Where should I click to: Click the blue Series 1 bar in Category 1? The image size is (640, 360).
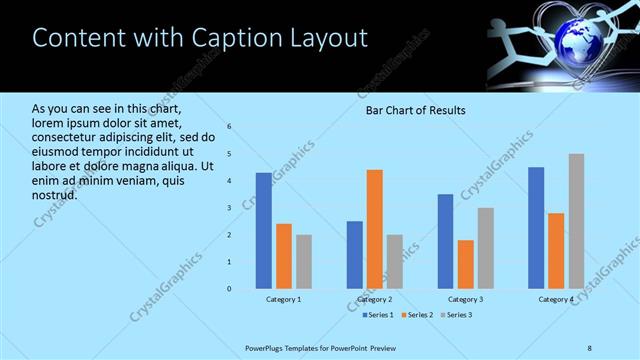[263, 231]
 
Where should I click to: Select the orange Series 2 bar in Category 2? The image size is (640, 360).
[375, 229]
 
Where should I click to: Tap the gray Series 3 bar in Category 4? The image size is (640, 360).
[576, 221]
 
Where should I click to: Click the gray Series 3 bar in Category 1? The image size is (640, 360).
[303, 262]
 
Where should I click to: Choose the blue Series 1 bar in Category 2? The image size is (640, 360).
[355, 255]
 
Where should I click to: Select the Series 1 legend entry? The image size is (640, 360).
[377, 315]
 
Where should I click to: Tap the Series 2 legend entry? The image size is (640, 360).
[417, 315]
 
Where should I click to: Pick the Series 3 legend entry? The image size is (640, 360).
[457, 315]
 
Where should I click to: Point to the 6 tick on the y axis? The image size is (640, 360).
[229, 127]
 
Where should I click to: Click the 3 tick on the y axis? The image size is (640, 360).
[229, 208]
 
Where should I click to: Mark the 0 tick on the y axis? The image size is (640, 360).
[229, 289]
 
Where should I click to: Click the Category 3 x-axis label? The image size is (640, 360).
[466, 299]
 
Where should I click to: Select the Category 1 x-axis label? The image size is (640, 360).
[284, 299]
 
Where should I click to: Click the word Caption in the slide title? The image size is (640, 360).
[225, 38]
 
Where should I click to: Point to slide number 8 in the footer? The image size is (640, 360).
[590, 346]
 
